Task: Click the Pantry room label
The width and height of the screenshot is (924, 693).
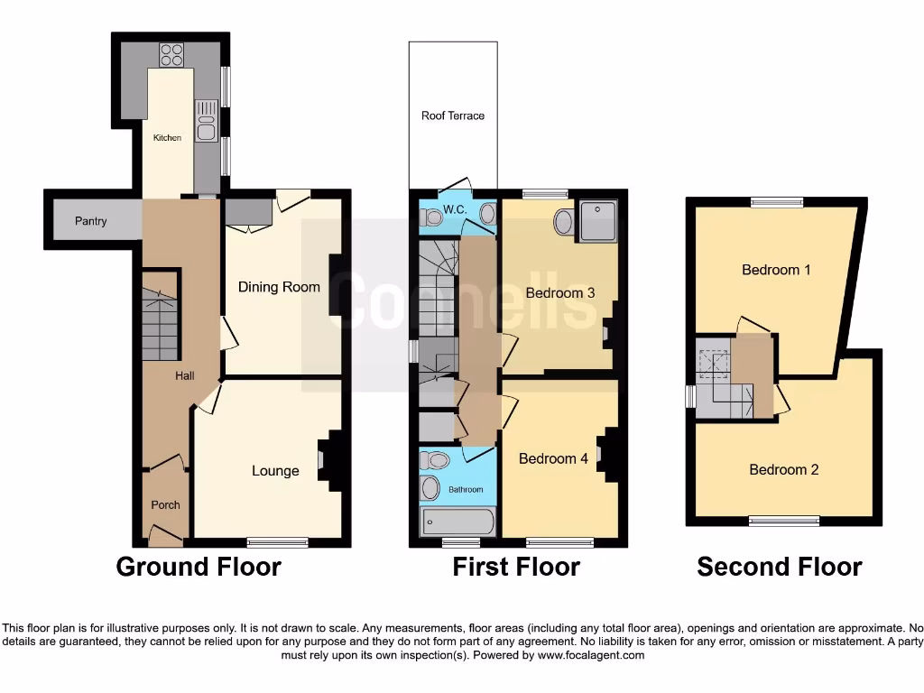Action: point(90,221)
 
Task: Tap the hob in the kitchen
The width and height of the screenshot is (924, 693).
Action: point(171,55)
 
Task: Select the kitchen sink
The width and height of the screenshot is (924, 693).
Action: point(206,125)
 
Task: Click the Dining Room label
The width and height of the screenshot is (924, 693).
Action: point(279,287)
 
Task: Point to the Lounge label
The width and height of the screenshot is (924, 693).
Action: point(275,470)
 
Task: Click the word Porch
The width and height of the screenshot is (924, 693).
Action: point(165,505)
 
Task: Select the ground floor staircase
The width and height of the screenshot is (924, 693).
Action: point(160,324)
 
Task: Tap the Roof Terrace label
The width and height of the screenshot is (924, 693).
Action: point(453,115)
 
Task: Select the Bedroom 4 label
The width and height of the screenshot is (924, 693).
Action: point(553,458)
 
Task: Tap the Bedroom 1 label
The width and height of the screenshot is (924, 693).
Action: point(771,269)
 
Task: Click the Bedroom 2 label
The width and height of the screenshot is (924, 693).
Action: point(784,469)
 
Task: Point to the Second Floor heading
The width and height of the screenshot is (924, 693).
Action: point(779,567)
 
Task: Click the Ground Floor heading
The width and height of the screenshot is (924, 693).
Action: point(199,567)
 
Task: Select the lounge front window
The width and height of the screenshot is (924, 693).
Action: point(277,542)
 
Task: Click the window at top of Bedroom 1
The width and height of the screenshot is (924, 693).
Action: point(777,203)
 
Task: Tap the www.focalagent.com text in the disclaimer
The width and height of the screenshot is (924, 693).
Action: point(590,655)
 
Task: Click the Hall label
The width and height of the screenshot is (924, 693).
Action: point(185,376)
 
